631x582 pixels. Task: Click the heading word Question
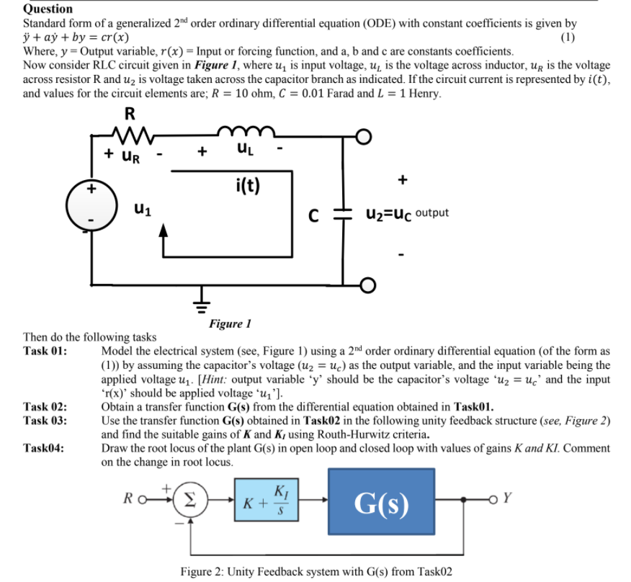(48, 9)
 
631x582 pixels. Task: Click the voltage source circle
(91, 204)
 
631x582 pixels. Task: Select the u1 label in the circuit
(141, 210)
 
